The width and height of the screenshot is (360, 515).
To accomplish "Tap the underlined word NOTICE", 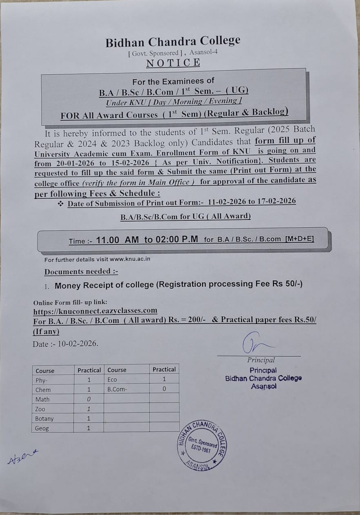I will coord(173,63).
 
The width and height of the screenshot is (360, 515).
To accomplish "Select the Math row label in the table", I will coord(42,400).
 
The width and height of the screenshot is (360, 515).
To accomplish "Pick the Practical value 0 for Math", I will coord(89,400).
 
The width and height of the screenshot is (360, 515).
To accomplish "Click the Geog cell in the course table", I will coord(42,428).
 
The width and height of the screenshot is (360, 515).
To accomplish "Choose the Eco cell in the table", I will coord(112,380).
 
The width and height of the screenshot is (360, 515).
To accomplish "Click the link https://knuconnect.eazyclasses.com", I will coord(95,311).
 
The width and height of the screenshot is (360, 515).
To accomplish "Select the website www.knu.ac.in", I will coord(130,259).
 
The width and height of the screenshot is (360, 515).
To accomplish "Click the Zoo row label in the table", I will coord(40,409).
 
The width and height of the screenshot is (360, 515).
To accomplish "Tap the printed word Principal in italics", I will coord(261,360).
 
